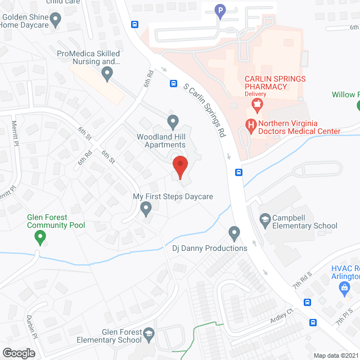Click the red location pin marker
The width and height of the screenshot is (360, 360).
point(179,166)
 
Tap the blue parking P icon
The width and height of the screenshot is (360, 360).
point(220,10)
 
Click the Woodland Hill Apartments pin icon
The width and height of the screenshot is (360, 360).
point(173,121)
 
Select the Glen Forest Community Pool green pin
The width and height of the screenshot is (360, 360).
point(40,238)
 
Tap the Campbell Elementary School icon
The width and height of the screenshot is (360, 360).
point(264,218)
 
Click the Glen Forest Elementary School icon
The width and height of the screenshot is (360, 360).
point(149,333)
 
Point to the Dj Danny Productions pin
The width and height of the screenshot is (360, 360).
point(235,232)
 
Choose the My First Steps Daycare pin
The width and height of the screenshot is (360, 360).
point(146,210)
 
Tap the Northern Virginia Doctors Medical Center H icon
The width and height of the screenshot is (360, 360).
point(251,124)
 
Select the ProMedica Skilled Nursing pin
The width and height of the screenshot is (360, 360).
point(108,73)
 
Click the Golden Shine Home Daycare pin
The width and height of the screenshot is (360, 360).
point(55,20)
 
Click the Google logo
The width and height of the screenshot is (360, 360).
point(18,353)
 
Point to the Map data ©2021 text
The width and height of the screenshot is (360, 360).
point(335,355)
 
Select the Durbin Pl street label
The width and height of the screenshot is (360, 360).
point(30,326)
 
